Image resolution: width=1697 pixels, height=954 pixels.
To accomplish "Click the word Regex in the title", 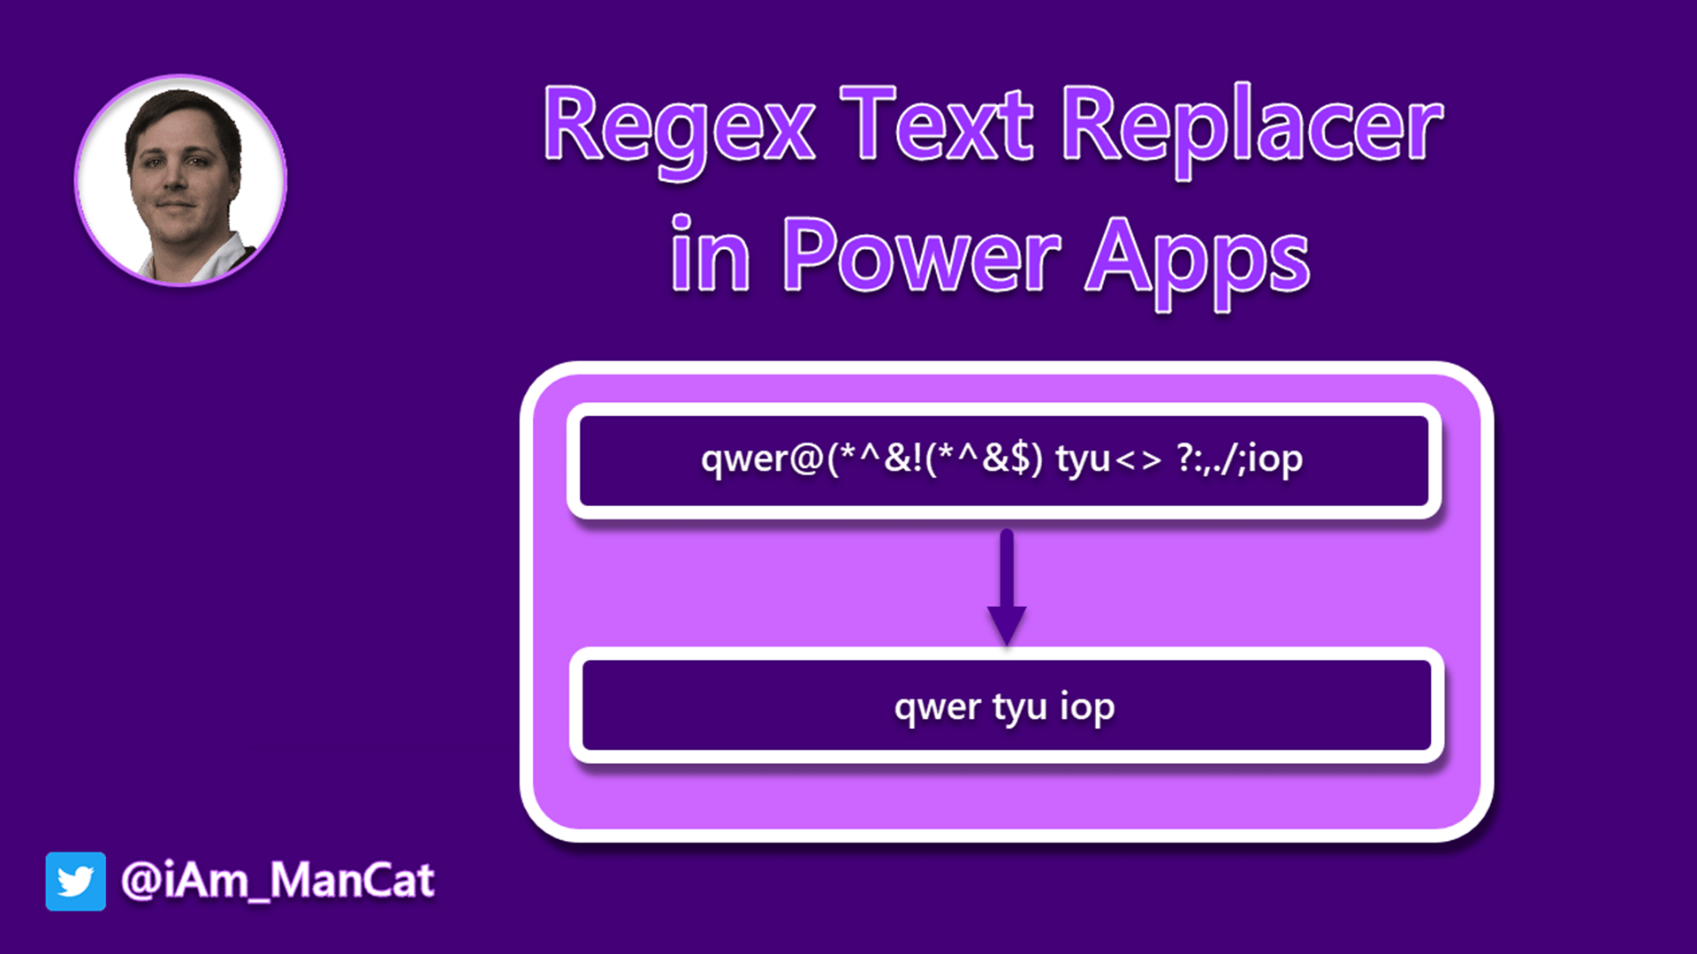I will pyautogui.click(x=679, y=128).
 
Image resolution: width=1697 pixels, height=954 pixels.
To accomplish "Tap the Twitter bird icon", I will pyautogui.click(x=76, y=881).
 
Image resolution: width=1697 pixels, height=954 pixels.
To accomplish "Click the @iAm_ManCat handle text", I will pyautogui.click(x=278, y=881).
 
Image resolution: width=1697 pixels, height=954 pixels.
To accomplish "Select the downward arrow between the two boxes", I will pyautogui.click(x=1007, y=587).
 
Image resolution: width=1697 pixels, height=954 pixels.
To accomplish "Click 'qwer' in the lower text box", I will pyautogui.click(x=937, y=708).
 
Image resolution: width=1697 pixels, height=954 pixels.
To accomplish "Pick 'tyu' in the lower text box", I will pyautogui.click(x=1019, y=708).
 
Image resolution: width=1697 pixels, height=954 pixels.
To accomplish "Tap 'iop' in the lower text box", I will pyautogui.click(x=1087, y=708).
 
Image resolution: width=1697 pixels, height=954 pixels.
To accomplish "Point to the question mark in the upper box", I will pyautogui.click(x=1184, y=458).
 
